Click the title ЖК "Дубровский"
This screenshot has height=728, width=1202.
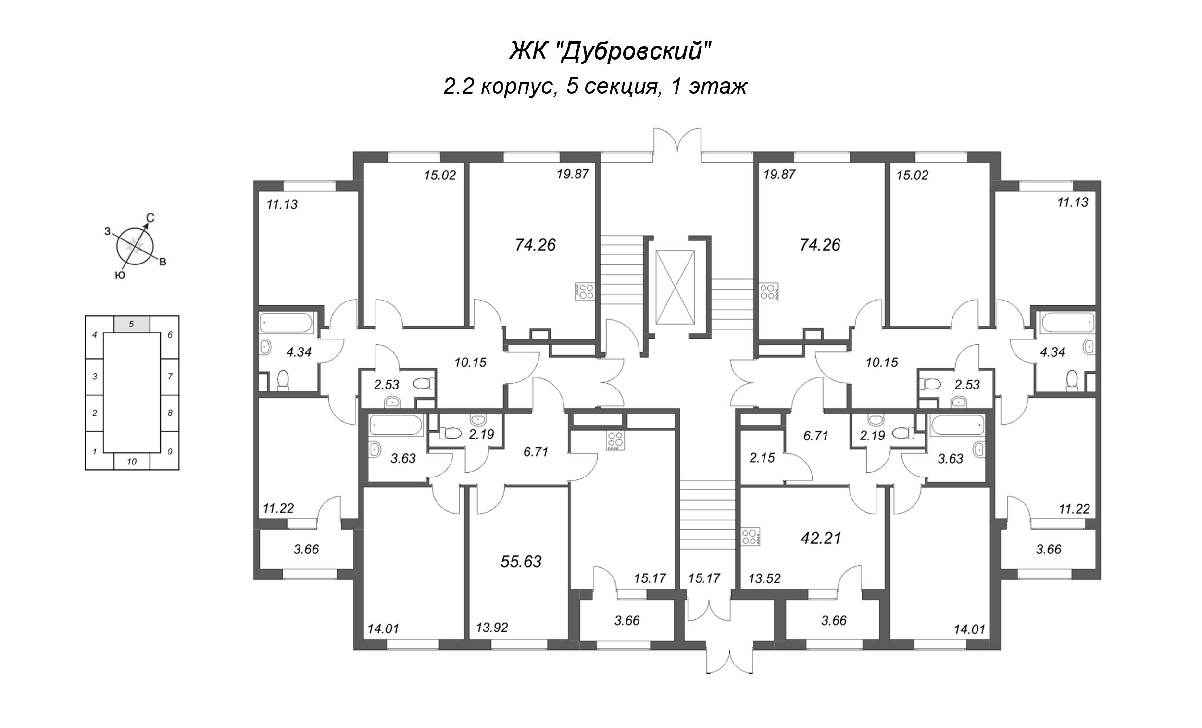607,51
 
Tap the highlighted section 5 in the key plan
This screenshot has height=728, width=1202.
132,324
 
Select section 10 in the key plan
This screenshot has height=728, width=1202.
132,462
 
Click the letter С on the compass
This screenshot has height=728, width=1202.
151,218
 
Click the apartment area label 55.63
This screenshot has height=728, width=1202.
521,562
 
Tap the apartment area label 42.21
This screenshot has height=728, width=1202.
821,538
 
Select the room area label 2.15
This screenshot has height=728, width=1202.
762,458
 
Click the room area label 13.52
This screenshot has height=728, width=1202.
765,578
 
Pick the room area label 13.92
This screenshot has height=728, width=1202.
492,628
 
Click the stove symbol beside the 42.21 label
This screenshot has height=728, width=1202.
751,537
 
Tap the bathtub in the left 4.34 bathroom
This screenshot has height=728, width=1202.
286,323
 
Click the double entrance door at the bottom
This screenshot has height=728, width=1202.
730,661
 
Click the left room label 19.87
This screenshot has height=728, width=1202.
573,174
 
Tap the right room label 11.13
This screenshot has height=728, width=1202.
1073,202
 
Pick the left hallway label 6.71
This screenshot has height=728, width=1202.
536,452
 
